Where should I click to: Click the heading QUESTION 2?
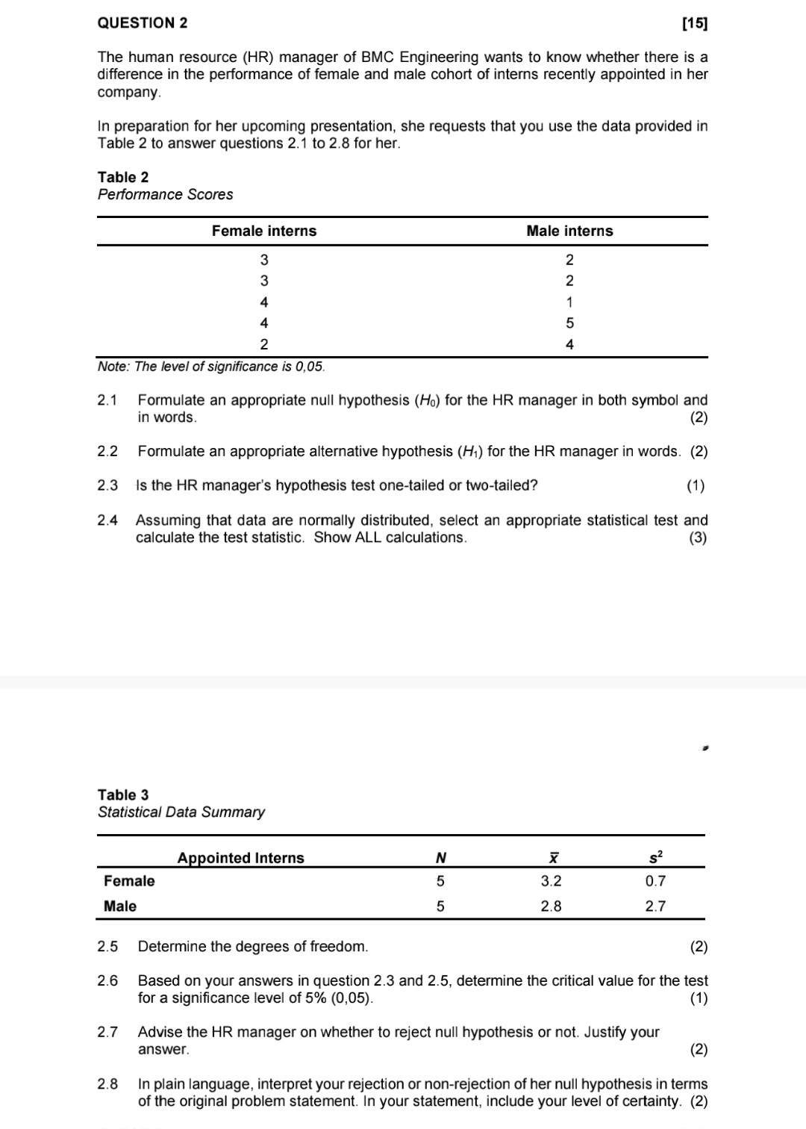pos(143,23)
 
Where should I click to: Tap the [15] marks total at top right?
pos(695,24)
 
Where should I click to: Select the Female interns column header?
pos(263,231)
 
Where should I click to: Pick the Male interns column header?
pos(569,231)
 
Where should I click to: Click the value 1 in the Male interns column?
pos(569,302)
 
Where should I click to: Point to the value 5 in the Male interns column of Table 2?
pos(569,323)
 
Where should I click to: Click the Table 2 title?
pos(123,177)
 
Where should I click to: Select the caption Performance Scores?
pos(165,194)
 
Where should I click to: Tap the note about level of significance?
pos(211,367)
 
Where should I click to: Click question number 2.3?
pos(107,485)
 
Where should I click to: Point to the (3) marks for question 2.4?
pos(697,538)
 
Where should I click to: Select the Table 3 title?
pos(123,794)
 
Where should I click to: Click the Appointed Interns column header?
pos(240,858)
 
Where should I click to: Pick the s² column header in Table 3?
pos(655,856)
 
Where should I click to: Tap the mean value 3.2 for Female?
pos(551,881)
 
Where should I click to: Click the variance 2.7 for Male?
pos(655,906)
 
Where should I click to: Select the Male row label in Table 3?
pos(120,906)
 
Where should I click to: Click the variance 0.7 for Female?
pos(655,881)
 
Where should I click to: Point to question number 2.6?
pos(107,980)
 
